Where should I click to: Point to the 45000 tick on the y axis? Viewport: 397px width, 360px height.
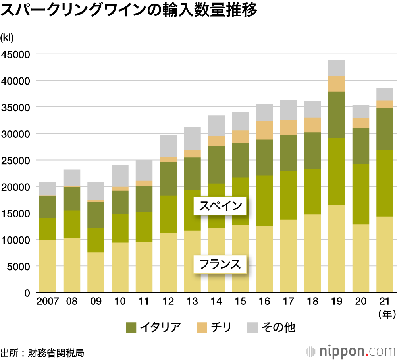[16, 54]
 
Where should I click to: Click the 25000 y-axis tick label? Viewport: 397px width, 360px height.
[16, 161]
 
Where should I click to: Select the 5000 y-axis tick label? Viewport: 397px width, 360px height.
[19, 267]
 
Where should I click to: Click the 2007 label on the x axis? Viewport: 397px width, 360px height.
[48, 301]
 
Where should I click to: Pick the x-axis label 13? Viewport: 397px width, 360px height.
[192, 301]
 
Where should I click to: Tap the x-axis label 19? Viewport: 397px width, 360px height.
[337, 301]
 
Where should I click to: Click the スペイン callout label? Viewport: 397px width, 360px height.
[221, 206]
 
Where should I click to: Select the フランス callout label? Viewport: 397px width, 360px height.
[220, 264]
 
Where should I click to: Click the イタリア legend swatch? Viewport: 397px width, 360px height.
[131, 327]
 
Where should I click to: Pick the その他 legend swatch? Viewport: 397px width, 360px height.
[252, 327]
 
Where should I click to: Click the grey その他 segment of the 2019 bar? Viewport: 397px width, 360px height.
[337, 68]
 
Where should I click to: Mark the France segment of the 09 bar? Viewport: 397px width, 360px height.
[96, 272]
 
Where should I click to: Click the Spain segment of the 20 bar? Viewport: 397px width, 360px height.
[360, 194]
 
